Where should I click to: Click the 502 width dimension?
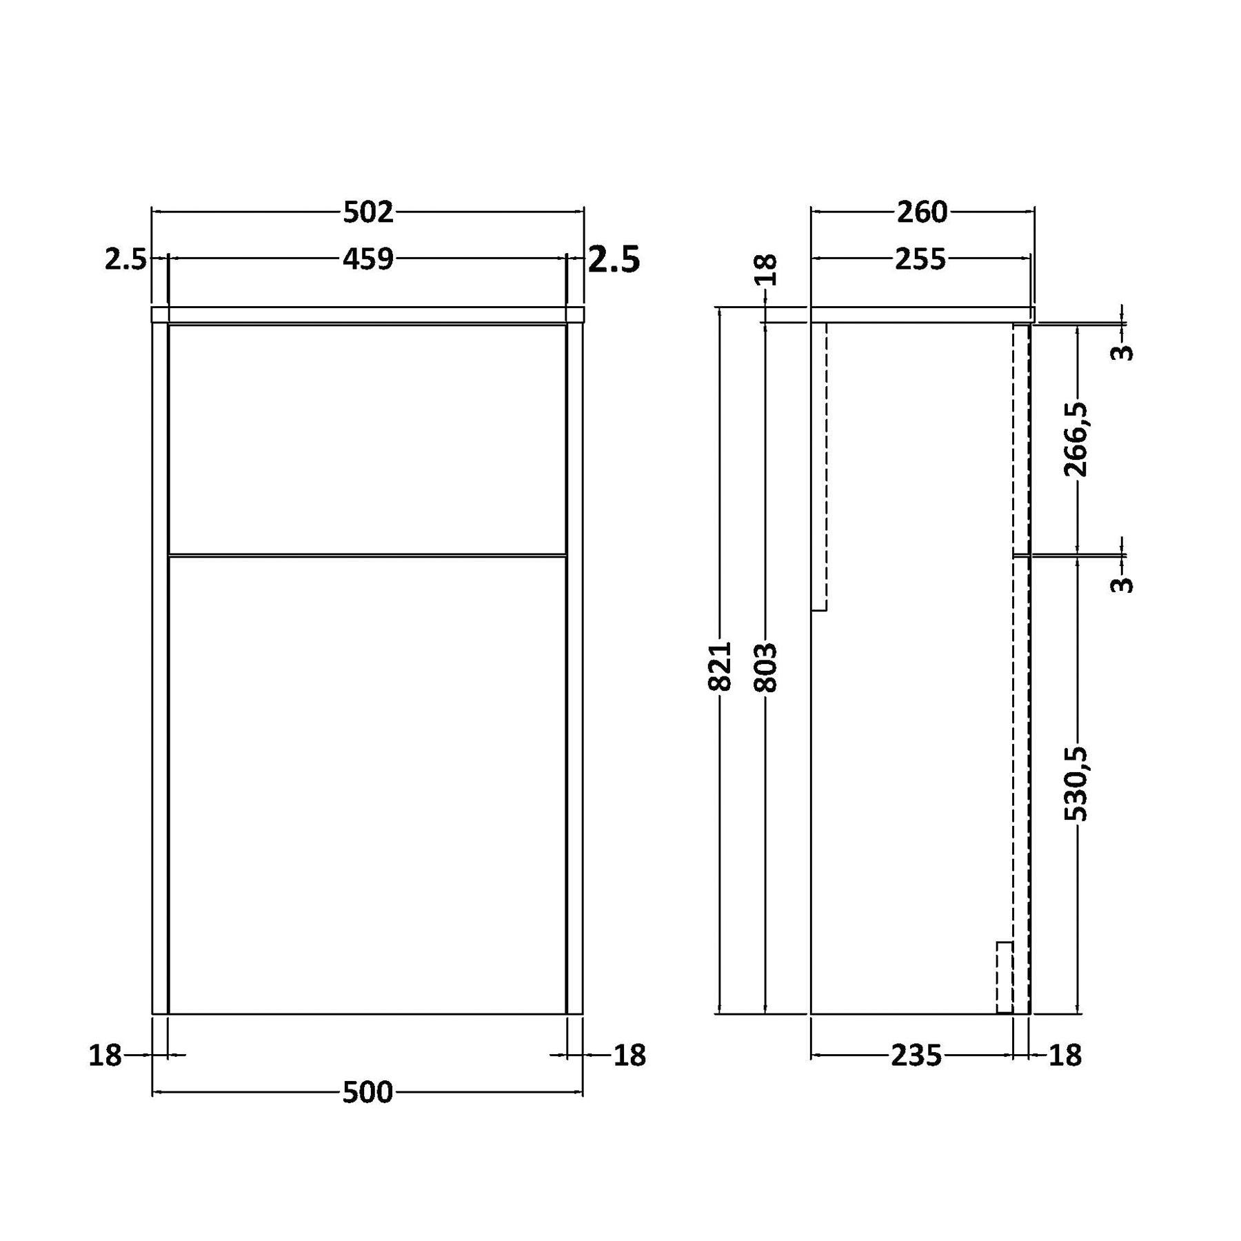pyautogui.click(x=368, y=212)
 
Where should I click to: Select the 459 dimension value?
pyautogui.click(x=368, y=259)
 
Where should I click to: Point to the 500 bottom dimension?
pyautogui.click(x=367, y=1092)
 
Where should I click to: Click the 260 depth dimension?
pyautogui.click(x=922, y=212)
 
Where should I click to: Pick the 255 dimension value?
pyautogui.click(x=920, y=259)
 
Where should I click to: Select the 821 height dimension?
pyautogui.click(x=719, y=666)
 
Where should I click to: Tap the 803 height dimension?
pyautogui.click(x=765, y=667)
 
